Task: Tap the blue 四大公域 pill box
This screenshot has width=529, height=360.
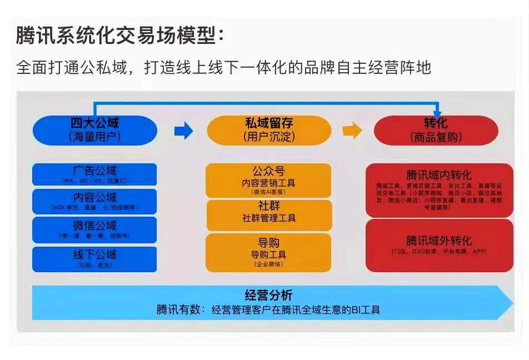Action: pyautogui.click(x=94, y=130)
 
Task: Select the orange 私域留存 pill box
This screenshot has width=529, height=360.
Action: pyautogui.click(x=269, y=130)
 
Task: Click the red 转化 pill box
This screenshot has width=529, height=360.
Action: pyautogui.click(x=436, y=130)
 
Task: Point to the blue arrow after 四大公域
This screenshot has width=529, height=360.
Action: pyautogui.click(x=183, y=131)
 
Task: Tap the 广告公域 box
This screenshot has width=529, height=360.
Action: pyautogui.click(x=94, y=174)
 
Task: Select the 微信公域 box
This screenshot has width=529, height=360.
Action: pyautogui.click(x=94, y=229)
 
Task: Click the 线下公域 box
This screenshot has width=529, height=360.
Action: pyautogui.click(x=94, y=259)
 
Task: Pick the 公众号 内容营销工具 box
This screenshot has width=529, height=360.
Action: pyautogui.click(x=268, y=180)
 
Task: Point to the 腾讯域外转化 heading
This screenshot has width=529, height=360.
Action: pyautogui.click(x=439, y=241)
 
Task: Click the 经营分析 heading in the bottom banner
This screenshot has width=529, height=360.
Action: pyautogui.click(x=268, y=296)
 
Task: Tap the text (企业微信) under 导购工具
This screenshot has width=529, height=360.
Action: pyautogui.click(x=268, y=264)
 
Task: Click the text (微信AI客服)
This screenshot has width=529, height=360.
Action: pyautogui.click(x=268, y=192)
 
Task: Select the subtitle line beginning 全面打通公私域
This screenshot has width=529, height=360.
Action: pyautogui.click(x=224, y=68)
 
